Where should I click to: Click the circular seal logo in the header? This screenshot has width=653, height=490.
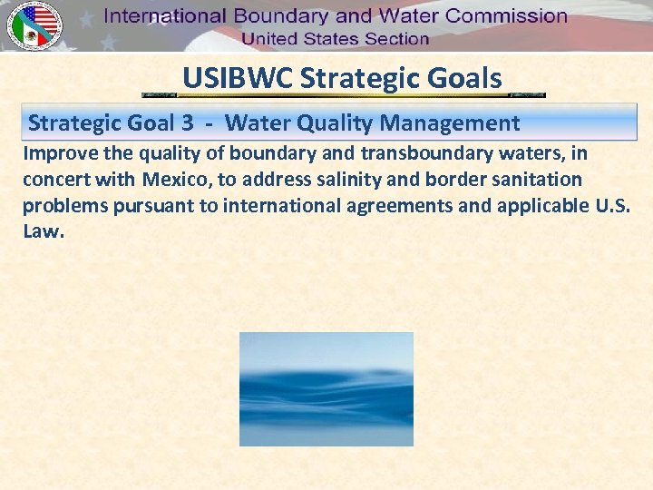(34, 25)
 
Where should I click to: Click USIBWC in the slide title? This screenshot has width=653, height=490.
(237, 78)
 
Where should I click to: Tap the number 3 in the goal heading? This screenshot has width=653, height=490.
(200, 122)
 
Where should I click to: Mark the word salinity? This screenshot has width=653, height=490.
(354, 180)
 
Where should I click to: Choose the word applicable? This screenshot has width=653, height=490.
(544, 206)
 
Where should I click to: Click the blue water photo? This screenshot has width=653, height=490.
(326, 388)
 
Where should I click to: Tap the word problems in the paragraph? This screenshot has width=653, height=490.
(64, 206)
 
